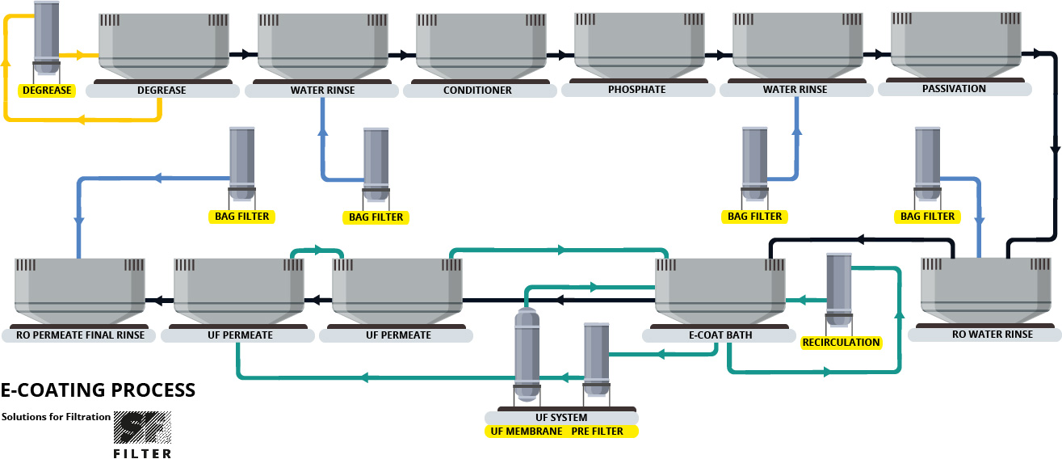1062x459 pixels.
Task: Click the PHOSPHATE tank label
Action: [x=637, y=89]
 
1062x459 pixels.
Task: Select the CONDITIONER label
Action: [x=477, y=90]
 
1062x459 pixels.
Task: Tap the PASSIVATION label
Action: [x=954, y=88]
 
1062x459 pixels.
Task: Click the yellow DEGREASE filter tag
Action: [x=47, y=90]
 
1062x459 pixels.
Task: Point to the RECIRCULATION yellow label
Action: [x=841, y=342]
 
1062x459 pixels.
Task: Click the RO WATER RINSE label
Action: [x=982, y=334]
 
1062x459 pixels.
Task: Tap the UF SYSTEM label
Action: [x=560, y=418]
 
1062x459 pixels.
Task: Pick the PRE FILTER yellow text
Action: [x=597, y=432]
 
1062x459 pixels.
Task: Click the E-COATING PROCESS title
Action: [x=98, y=390]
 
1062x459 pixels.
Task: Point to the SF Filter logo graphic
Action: [x=142, y=428]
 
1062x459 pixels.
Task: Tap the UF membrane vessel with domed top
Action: [x=527, y=353]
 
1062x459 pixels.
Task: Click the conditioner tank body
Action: [x=477, y=44]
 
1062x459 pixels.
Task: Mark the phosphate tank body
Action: [x=636, y=44]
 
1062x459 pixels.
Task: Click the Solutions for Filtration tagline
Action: [x=56, y=417]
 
